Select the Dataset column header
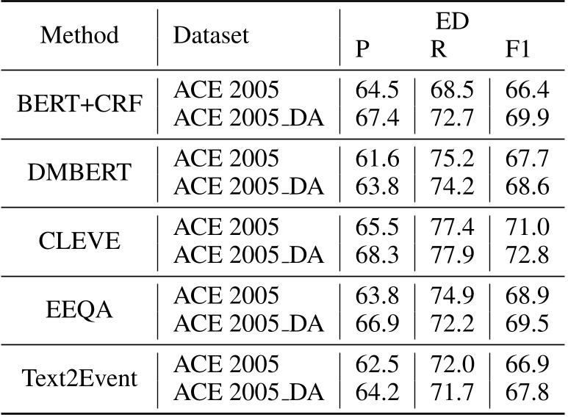[x=211, y=36]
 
